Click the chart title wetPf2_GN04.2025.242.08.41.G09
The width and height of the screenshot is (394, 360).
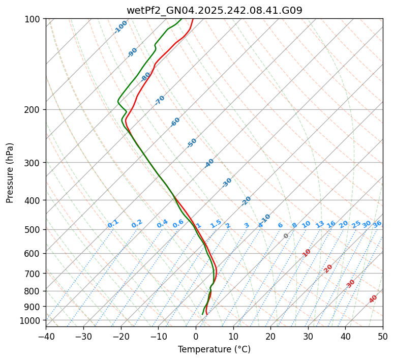tap(214, 10)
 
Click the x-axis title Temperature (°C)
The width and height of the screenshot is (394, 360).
tap(214, 350)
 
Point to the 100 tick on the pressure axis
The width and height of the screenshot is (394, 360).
tap(33, 19)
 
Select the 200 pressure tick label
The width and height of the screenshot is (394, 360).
tap(33, 110)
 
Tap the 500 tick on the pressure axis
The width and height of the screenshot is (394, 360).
tap(33, 230)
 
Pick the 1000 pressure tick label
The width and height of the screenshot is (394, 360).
tap(31, 320)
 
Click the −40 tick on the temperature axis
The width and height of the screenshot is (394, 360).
tap(46, 336)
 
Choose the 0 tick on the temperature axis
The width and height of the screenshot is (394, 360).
tap(196, 336)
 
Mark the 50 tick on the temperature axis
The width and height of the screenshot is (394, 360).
tap(383, 336)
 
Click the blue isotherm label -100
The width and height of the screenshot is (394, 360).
tap(120, 27)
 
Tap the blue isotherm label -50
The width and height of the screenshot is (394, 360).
tap(192, 143)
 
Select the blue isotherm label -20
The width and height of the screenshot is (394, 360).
tap(246, 201)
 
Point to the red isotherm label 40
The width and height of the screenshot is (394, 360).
tap(373, 299)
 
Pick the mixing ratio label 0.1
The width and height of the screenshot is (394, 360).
tap(113, 224)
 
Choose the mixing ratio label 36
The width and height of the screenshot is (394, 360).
tap(377, 224)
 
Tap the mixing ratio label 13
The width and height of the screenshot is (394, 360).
tap(320, 224)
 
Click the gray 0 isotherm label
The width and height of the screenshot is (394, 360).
tap(286, 236)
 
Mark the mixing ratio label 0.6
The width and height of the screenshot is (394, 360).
tap(178, 224)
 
